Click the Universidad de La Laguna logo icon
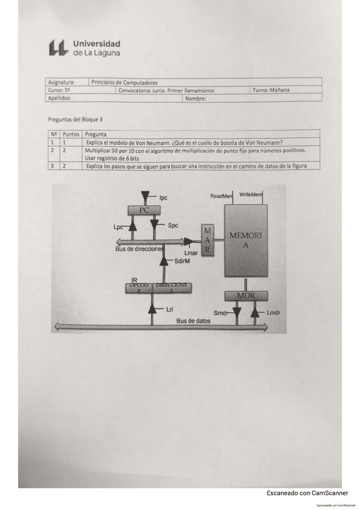click(x=58, y=48)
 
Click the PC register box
click(x=144, y=210)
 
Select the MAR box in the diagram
click(x=207, y=241)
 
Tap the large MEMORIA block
click(x=245, y=239)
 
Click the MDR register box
click(x=245, y=296)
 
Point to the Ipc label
click(x=163, y=197)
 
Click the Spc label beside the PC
click(x=172, y=226)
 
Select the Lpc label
click(x=118, y=227)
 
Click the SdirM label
click(x=183, y=262)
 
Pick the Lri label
click(x=170, y=309)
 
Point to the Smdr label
click(x=221, y=313)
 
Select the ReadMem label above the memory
click(x=221, y=196)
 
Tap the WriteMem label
click(x=251, y=195)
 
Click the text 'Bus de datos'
click(x=194, y=321)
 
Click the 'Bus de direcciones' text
click(x=139, y=248)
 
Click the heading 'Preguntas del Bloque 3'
click(x=79, y=120)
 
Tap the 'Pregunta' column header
click(x=97, y=135)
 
